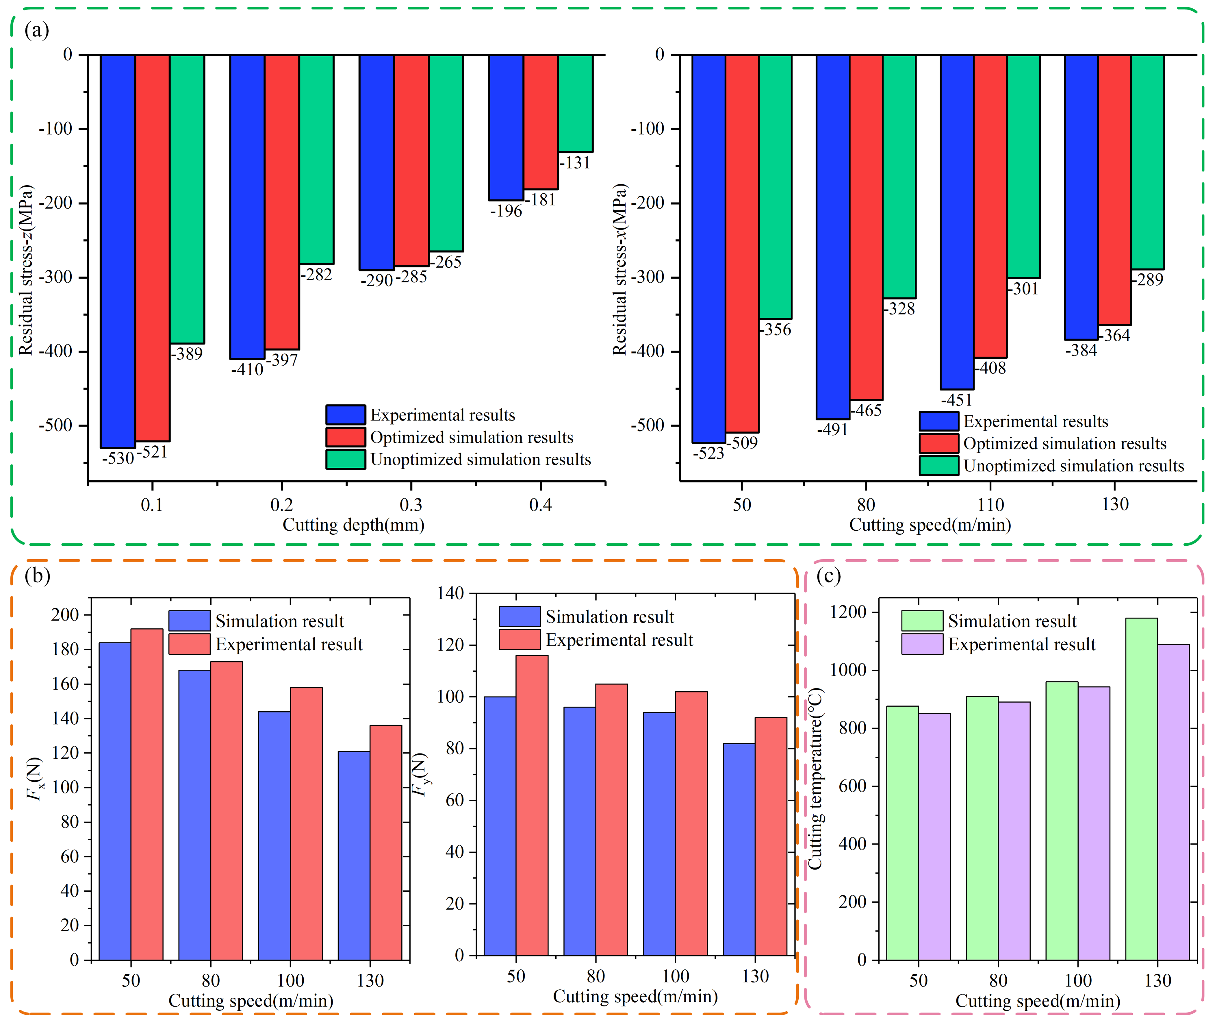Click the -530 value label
point(118,459)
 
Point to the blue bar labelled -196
point(506,127)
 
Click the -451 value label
point(956,400)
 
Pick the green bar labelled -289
point(1147,162)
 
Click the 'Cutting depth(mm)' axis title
point(353,525)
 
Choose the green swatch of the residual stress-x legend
point(938,466)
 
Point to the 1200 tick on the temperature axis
point(848,612)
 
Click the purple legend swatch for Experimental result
point(922,644)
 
